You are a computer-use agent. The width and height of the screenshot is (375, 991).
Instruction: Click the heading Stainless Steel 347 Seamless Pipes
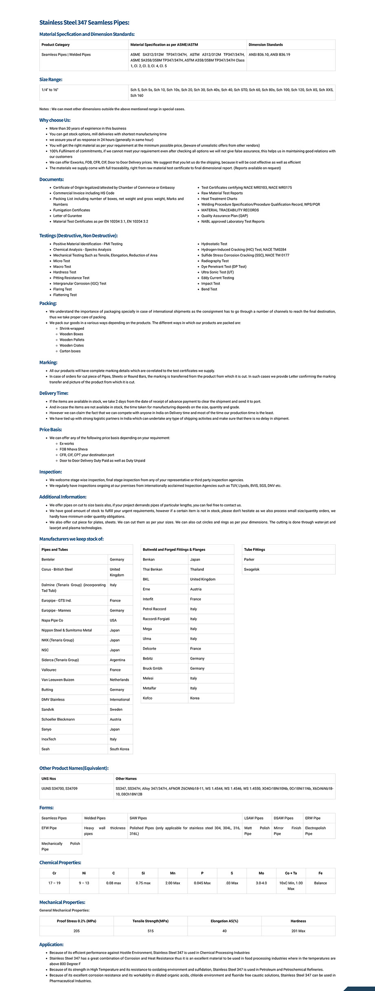point(84,23)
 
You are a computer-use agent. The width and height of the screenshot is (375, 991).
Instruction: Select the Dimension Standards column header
point(265,45)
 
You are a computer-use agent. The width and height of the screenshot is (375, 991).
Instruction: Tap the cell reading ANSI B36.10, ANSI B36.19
point(269,55)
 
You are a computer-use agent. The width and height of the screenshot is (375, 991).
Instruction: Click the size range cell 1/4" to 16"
point(50,90)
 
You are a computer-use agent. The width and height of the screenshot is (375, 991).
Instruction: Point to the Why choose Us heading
point(55,120)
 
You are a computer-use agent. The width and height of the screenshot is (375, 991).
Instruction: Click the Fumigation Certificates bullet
point(72,210)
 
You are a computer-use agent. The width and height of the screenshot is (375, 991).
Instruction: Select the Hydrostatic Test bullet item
point(214,244)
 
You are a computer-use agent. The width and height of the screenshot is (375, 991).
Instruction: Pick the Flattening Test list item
point(65,295)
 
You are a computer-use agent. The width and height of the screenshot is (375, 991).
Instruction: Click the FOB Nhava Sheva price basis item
point(73,449)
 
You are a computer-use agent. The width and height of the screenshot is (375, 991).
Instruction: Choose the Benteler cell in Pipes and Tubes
point(48,559)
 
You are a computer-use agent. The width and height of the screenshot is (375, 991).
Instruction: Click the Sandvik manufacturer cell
point(48,709)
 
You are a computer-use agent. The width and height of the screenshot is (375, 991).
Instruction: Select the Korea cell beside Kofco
point(195,698)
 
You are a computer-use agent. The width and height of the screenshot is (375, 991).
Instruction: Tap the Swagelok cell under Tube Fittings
point(251,569)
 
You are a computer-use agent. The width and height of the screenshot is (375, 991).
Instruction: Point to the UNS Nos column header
point(49,778)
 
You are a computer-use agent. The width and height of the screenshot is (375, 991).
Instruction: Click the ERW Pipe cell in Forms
point(313,818)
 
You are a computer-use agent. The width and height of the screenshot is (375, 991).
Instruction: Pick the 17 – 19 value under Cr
point(54,883)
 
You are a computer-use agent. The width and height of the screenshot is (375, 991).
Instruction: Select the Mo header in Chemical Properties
point(261,873)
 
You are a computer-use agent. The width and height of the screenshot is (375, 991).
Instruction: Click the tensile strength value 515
point(150,931)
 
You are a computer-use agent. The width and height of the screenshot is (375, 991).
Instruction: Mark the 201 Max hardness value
point(298,931)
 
